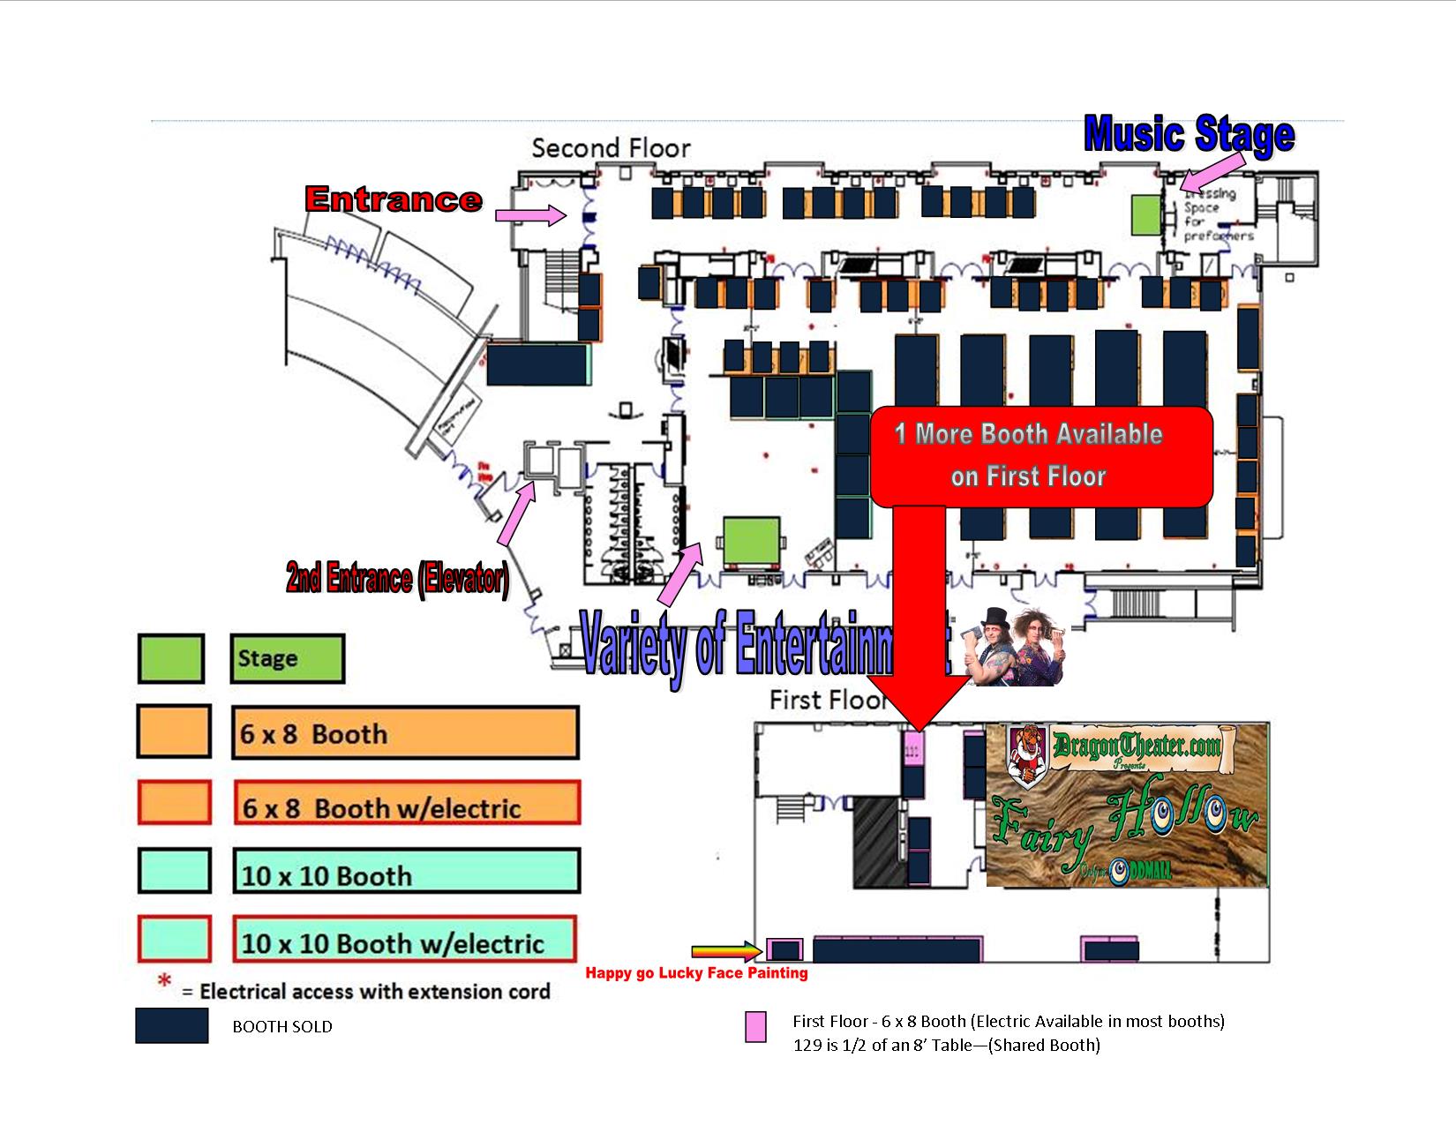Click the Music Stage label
[x=1189, y=135]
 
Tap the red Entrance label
[x=394, y=199]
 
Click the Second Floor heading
[x=611, y=147]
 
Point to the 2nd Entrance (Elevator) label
[x=397, y=579]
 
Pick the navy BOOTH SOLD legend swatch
[x=172, y=1025]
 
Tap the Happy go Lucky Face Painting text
[x=697, y=973]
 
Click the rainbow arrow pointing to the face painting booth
[x=724, y=950]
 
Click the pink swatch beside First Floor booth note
[x=755, y=1027]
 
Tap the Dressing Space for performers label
[x=1218, y=214]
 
